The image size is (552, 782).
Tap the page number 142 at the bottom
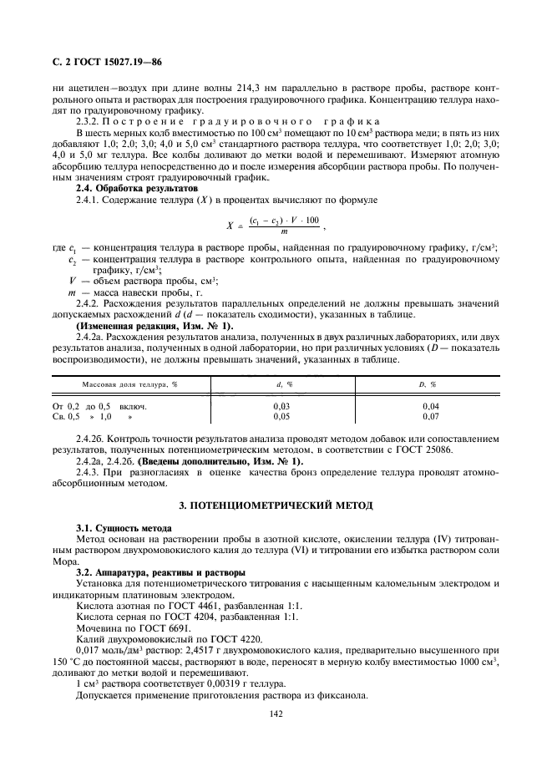click(x=276, y=714)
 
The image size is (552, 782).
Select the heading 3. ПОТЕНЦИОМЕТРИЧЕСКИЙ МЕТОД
click(x=276, y=505)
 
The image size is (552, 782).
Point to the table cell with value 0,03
click(x=283, y=404)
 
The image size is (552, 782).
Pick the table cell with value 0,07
click(x=430, y=415)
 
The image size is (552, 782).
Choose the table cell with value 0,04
click(x=430, y=404)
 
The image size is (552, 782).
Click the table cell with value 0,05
click(x=283, y=415)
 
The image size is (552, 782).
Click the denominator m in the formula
click(x=285, y=231)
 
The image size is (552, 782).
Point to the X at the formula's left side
click(x=230, y=226)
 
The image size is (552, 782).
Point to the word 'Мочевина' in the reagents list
click(x=99, y=627)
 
